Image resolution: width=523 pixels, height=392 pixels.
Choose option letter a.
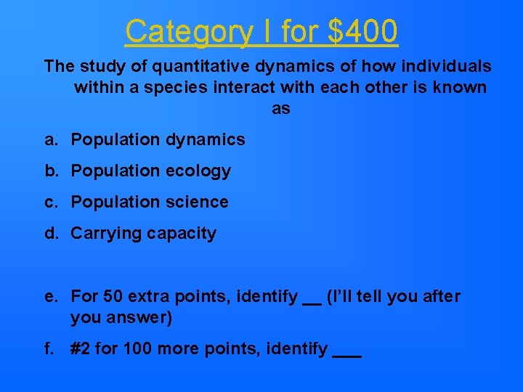coord(49,139)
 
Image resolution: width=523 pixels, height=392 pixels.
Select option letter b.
coord(49,171)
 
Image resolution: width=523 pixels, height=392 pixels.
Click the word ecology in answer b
coord(200,171)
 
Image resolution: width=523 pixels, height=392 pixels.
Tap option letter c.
coord(49,203)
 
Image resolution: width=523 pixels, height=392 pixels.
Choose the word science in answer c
coord(198,203)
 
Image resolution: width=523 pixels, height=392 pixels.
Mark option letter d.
coord(49,234)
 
